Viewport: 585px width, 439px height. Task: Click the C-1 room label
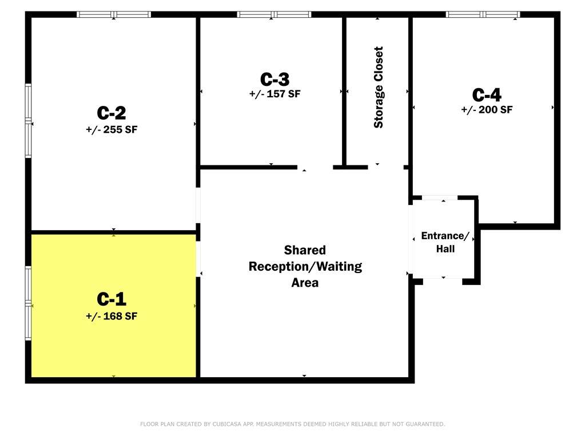111,299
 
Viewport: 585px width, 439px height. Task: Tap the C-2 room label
111,112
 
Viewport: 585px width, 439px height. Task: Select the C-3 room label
274,79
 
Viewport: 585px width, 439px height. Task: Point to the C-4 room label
487,95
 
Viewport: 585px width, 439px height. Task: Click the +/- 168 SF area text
112,316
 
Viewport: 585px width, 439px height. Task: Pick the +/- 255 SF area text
112,129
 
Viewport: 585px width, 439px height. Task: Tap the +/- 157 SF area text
274,94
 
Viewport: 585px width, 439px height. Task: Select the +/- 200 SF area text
487,110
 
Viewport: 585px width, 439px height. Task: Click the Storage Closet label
379,88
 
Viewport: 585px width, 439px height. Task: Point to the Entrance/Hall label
445,242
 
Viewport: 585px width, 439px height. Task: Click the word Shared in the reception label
305,250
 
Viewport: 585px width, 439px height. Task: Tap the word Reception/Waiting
305,267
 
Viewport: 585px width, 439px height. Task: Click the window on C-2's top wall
114,14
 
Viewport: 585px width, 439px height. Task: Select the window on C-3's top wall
274,14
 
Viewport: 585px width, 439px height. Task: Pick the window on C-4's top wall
483,14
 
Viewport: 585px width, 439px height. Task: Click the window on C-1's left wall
28,303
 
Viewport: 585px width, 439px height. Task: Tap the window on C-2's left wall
28,121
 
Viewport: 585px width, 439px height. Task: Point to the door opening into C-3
315,167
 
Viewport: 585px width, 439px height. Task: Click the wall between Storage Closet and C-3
344,91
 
